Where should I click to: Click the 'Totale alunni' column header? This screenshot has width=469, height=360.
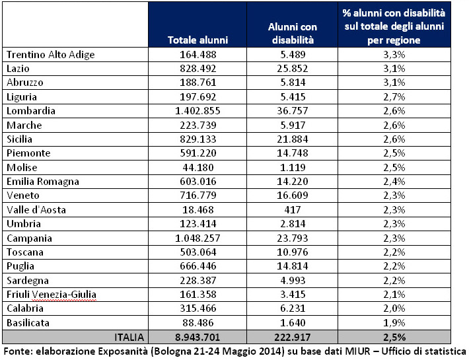pyautogui.click(x=198, y=40)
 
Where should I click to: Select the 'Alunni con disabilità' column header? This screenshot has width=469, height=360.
pyautogui.click(x=292, y=34)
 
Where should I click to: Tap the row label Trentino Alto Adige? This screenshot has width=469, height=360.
pyautogui.click(x=50, y=55)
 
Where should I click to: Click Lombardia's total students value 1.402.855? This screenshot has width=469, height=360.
pyautogui.click(x=198, y=111)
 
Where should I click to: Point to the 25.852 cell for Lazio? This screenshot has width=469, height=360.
pyautogui.click(x=293, y=69)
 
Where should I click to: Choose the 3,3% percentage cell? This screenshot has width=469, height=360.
pyautogui.click(x=394, y=55)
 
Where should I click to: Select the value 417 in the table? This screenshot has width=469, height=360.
pyautogui.click(x=293, y=210)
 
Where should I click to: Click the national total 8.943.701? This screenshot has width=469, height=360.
pyautogui.click(x=198, y=337)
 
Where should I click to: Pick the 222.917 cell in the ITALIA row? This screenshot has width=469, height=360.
pyautogui.click(x=293, y=337)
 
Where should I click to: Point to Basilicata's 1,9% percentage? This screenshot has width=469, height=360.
pyautogui.click(x=394, y=323)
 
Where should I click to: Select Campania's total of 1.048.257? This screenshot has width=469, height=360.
pyautogui.click(x=198, y=238)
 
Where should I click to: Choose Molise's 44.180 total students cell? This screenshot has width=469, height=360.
pyautogui.click(x=198, y=168)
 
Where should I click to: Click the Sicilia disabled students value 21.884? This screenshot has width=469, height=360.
pyautogui.click(x=293, y=139)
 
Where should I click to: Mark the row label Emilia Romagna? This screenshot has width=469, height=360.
pyautogui.click(x=42, y=182)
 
